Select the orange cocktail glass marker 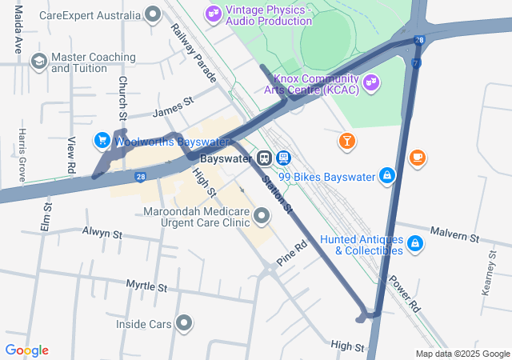[x=346, y=142]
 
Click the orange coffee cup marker [x=417, y=158]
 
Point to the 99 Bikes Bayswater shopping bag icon [x=387, y=175]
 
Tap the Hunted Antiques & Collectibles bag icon [x=415, y=242]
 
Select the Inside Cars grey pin [x=185, y=323]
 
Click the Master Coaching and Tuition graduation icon [x=38, y=62]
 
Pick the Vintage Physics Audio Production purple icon [x=212, y=13]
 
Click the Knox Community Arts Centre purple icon [x=370, y=81]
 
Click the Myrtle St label [x=146, y=286]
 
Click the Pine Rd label [x=292, y=254]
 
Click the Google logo [x=26, y=350]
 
